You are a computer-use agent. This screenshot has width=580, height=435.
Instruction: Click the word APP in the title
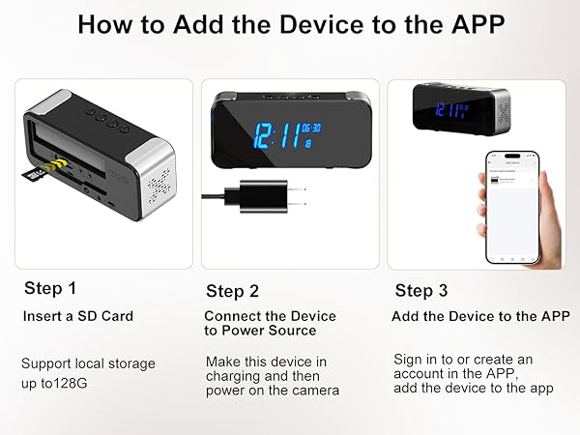(471, 25)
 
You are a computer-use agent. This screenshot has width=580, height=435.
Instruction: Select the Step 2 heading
(232, 291)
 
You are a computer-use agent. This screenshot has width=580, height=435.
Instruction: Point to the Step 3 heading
(420, 291)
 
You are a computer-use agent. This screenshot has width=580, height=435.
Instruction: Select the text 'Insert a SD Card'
(77, 316)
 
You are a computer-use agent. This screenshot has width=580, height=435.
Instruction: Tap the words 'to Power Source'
(260, 331)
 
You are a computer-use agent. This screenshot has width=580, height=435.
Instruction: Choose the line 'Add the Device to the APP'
(480, 316)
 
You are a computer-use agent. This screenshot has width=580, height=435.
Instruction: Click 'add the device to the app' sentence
(473, 388)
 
